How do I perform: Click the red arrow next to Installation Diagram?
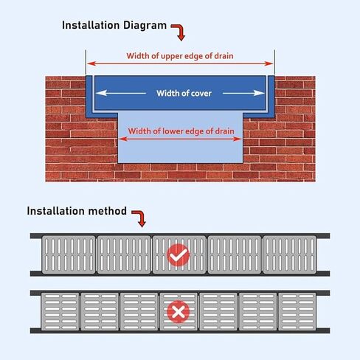click(x=178, y=32)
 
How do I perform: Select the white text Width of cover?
click(x=180, y=94)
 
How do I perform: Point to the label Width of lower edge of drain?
click(x=181, y=132)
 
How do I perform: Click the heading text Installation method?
click(x=77, y=210)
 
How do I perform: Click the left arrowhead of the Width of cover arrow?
click(x=100, y=94)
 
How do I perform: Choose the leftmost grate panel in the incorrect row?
click(x=60, y=313)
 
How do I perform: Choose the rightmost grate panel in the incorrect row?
click(x=298, y=313)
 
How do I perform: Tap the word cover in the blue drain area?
click(x=204, y=94)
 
